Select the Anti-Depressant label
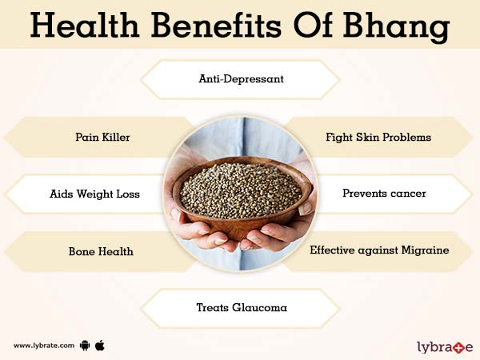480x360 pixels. tap(240, 79)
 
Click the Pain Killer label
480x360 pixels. tap(98, 137)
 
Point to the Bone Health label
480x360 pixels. tap(100, 251)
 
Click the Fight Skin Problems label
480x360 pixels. tap(378, 137)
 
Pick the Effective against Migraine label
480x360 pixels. tap(378, 250)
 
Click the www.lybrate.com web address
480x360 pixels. tap(44, 346)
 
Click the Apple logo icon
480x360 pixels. tap(100, 345)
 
